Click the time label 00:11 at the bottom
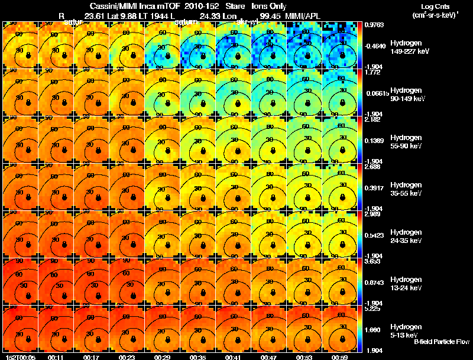pos(56,356)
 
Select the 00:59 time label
pos(339,356)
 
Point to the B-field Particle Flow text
pos(441,342)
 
